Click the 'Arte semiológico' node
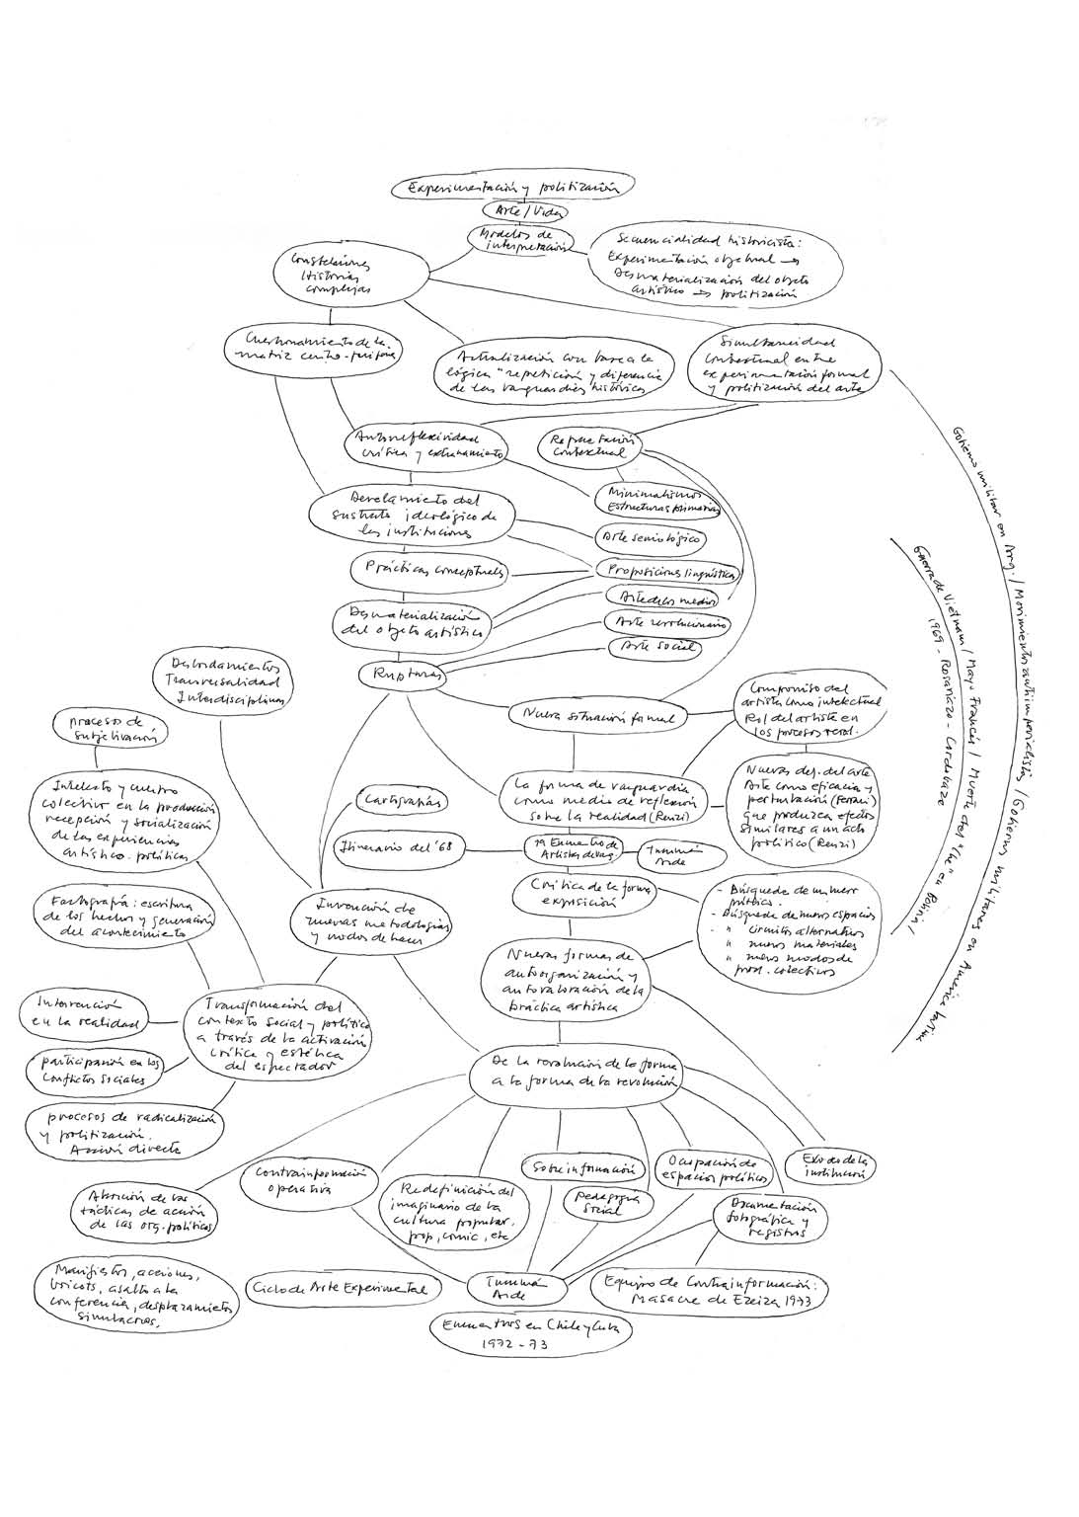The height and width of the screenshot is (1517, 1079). [650, 539]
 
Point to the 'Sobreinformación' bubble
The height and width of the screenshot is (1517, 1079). [583, 1167]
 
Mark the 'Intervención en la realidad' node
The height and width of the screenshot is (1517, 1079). [81, 1013]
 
